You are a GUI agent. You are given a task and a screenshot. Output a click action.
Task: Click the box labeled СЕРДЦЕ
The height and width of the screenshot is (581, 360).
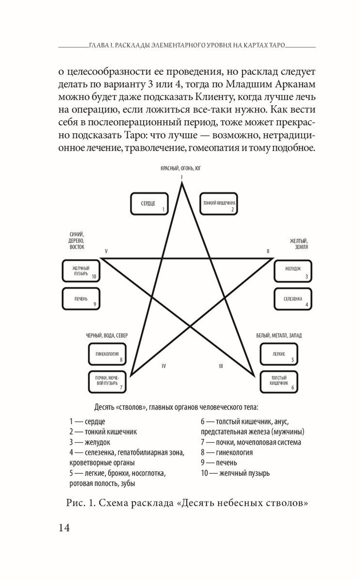149,204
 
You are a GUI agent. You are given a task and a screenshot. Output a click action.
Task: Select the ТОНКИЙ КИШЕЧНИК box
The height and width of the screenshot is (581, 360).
219,204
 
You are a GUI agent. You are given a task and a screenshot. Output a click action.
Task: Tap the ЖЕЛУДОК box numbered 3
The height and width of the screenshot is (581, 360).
293,271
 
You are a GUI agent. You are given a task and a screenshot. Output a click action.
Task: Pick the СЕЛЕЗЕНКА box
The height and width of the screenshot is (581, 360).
293,299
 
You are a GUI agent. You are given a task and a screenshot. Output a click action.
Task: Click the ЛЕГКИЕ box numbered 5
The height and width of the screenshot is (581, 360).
279,354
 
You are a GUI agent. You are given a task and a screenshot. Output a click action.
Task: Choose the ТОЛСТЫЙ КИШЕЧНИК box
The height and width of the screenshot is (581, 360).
279,381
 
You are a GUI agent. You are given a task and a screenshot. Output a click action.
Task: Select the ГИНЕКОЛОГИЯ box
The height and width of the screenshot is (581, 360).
107,354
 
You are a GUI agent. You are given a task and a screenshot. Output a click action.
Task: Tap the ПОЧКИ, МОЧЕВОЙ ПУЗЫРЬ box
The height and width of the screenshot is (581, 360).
107,381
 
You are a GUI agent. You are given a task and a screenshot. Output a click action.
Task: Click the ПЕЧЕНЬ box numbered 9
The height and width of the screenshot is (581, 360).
81,299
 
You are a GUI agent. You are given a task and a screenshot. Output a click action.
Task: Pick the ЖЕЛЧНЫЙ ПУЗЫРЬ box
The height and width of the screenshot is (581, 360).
81,271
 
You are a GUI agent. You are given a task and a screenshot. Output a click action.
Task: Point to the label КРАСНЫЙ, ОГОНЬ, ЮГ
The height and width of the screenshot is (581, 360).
181,168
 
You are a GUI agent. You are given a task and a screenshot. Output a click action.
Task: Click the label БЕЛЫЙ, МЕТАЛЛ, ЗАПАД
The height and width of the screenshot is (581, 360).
279,336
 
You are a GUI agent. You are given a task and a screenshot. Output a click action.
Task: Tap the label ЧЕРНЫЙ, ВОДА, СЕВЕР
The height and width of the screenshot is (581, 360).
107,336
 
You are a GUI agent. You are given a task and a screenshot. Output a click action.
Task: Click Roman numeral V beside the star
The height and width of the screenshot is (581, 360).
106,251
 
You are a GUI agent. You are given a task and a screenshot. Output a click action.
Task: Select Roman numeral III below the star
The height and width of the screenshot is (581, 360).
221,366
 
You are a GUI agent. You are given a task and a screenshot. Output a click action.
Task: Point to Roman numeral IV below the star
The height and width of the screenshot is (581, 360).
164,366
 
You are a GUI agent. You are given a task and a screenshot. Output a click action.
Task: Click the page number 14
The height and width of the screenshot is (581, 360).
64,528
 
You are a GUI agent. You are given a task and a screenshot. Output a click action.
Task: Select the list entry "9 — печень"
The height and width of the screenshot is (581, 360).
219,463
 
